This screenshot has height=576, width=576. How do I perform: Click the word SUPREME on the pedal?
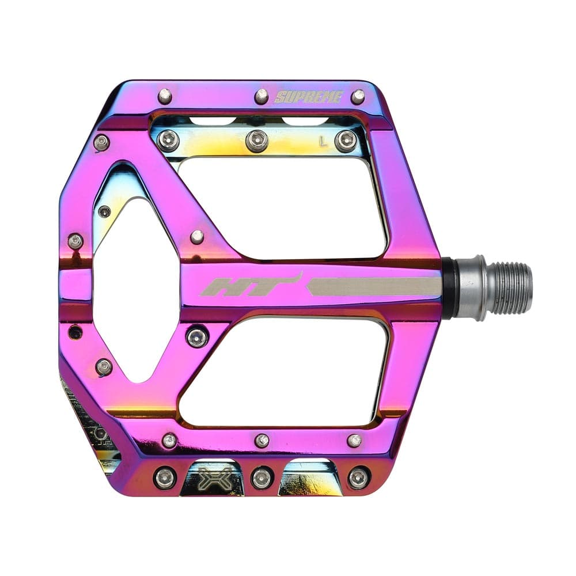click(309, 97)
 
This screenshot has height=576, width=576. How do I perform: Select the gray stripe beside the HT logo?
click(374, 286)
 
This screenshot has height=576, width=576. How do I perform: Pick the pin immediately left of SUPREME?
click(262, 96)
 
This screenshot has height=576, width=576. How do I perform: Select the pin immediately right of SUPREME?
click(358, 96)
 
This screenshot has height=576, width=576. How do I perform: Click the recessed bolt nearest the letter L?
click(346, 141)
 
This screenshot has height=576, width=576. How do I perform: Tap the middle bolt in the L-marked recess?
click(257, 141)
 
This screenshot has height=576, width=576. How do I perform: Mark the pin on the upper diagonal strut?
click(197, 237)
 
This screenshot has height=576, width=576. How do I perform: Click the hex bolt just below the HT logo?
click(198, 336)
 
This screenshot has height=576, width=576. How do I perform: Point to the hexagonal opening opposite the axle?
click(135, 288)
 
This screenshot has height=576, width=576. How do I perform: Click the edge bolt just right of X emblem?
click(262, 478)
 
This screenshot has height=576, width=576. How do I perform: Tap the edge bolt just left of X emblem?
click(165, 478)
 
